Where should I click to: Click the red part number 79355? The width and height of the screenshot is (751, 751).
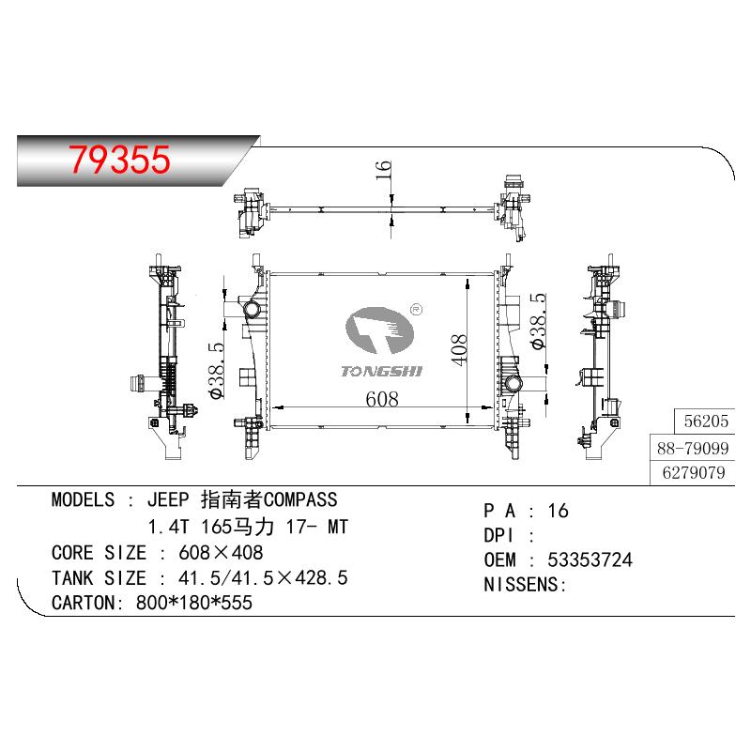coord(119,160)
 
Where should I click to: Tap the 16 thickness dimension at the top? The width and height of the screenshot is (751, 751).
coord(383,171)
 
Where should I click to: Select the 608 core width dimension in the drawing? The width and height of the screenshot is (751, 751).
coord(382,399)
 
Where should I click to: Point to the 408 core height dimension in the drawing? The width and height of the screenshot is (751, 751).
coord(458,350)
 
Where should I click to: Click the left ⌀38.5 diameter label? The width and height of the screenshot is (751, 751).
coord(217,370)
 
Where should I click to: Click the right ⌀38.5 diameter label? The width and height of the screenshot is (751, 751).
coord(538,321)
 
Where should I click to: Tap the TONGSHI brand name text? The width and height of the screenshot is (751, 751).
coord(382,371)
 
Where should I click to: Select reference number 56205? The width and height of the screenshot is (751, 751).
coord(706,421)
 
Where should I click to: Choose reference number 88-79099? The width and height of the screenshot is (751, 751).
coord(693,449)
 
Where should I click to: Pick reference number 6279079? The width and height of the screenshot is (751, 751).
coord(694,473)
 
